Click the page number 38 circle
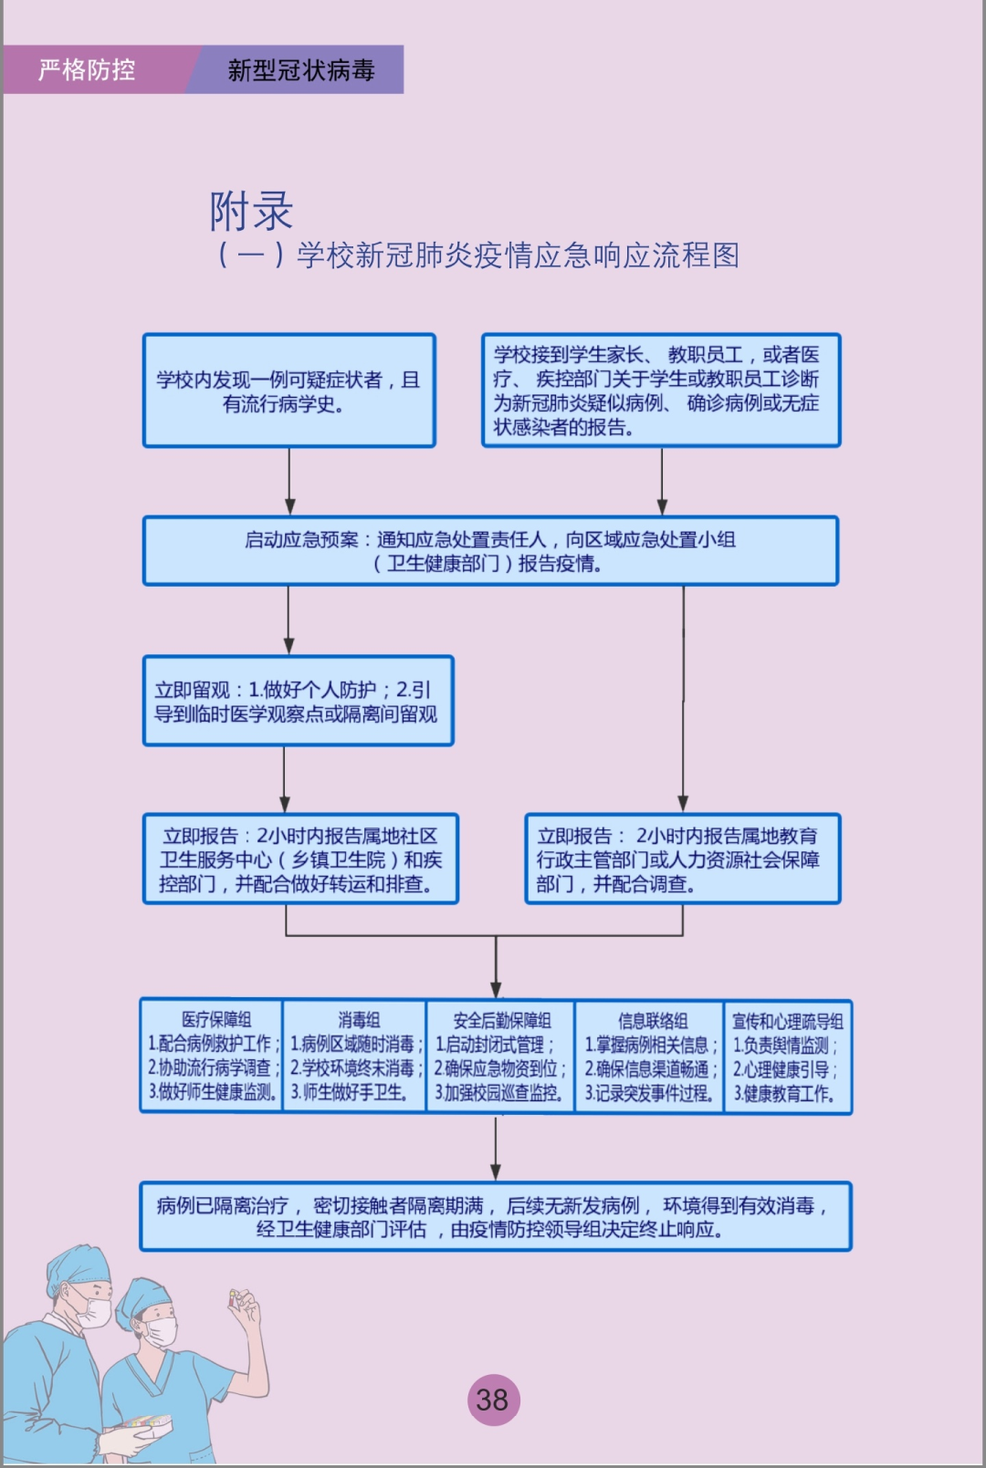coord(493,1400)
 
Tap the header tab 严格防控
coord(88,69)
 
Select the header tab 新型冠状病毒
coord(301,69)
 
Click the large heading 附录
coord(251,211)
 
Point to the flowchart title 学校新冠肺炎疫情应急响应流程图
coord(518,255)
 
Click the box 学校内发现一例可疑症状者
coord(288,390)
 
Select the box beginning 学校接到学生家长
coord(660,390)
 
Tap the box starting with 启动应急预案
coord(490,551)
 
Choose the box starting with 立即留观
coord(298,701)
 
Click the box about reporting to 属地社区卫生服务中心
coord(300,859)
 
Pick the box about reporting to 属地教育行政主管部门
coord(682,859)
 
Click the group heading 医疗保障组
coord(215,1019)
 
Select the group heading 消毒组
coord(358,1019)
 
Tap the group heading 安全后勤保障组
coord(501,1020)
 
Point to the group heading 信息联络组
coord(652,1020)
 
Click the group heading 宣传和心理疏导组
coord(787,1021)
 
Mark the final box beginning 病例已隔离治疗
coord(495,1217)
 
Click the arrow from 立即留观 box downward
coord(284,780)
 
